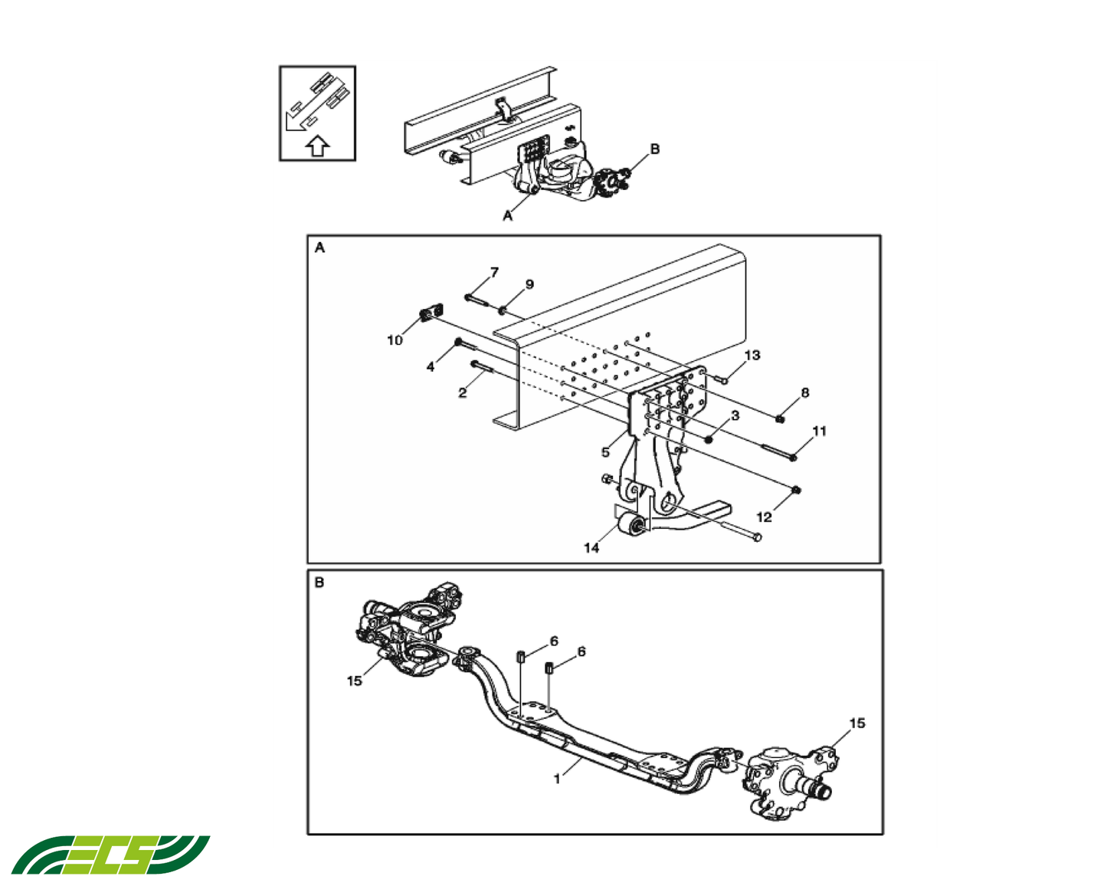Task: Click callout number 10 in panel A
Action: click(395, 340)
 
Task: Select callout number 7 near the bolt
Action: click(494, 272)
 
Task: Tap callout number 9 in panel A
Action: click(529, 284)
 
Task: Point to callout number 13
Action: click(752, 355)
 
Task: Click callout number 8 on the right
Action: click(804, 393)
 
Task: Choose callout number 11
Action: click(819, 432)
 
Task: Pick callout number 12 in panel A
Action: click(764, 517)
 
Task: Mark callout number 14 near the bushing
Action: click(591, 548)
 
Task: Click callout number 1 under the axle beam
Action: click(557, 779)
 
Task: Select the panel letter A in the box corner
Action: click(319, 248)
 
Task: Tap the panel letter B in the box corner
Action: click(319, 582)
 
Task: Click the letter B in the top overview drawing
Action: click(654, 149)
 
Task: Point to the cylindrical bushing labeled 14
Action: click(633, 527)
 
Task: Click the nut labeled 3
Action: click(709, 439)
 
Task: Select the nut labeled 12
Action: click(797, 490)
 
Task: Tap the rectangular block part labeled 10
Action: click(432, 313)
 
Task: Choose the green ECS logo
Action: click(110, 855)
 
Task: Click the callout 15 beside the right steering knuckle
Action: click(857, 723)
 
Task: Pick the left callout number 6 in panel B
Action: click(554, 641)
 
